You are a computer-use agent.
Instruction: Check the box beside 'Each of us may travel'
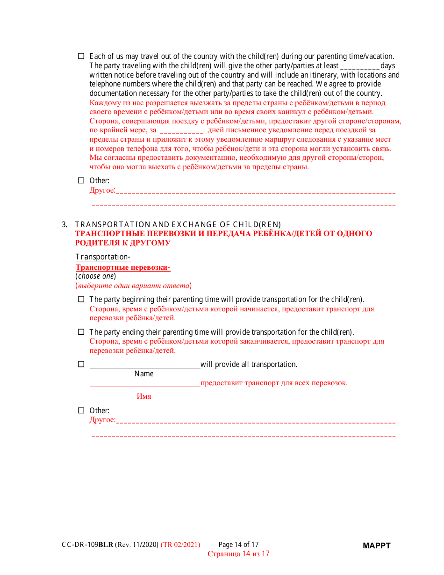coord(80,56)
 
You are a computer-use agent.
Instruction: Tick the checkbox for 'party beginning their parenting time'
coord(80,299)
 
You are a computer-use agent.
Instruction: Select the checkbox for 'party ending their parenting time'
coord(80,332)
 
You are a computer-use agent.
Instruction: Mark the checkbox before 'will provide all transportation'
coord(80,364)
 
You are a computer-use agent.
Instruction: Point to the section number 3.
coord(64,224)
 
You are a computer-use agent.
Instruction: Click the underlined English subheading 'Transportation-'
coord(103,257)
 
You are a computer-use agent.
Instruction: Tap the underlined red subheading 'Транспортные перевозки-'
coord(122,267)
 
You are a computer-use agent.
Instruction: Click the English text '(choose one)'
coord(96,276)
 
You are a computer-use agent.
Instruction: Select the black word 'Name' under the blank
coord(144,374)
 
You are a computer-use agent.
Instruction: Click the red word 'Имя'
coord(144,396)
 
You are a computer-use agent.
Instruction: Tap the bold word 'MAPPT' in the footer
coord(377,546)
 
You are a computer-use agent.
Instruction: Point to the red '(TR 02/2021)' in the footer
coord(180,545)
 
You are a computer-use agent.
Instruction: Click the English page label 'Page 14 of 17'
coord(238,545)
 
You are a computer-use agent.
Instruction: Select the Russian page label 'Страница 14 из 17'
coord(238,554)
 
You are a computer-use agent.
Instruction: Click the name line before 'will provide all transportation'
coord(145,365)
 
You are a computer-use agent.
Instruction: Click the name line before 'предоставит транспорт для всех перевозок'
coord(145,383)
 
